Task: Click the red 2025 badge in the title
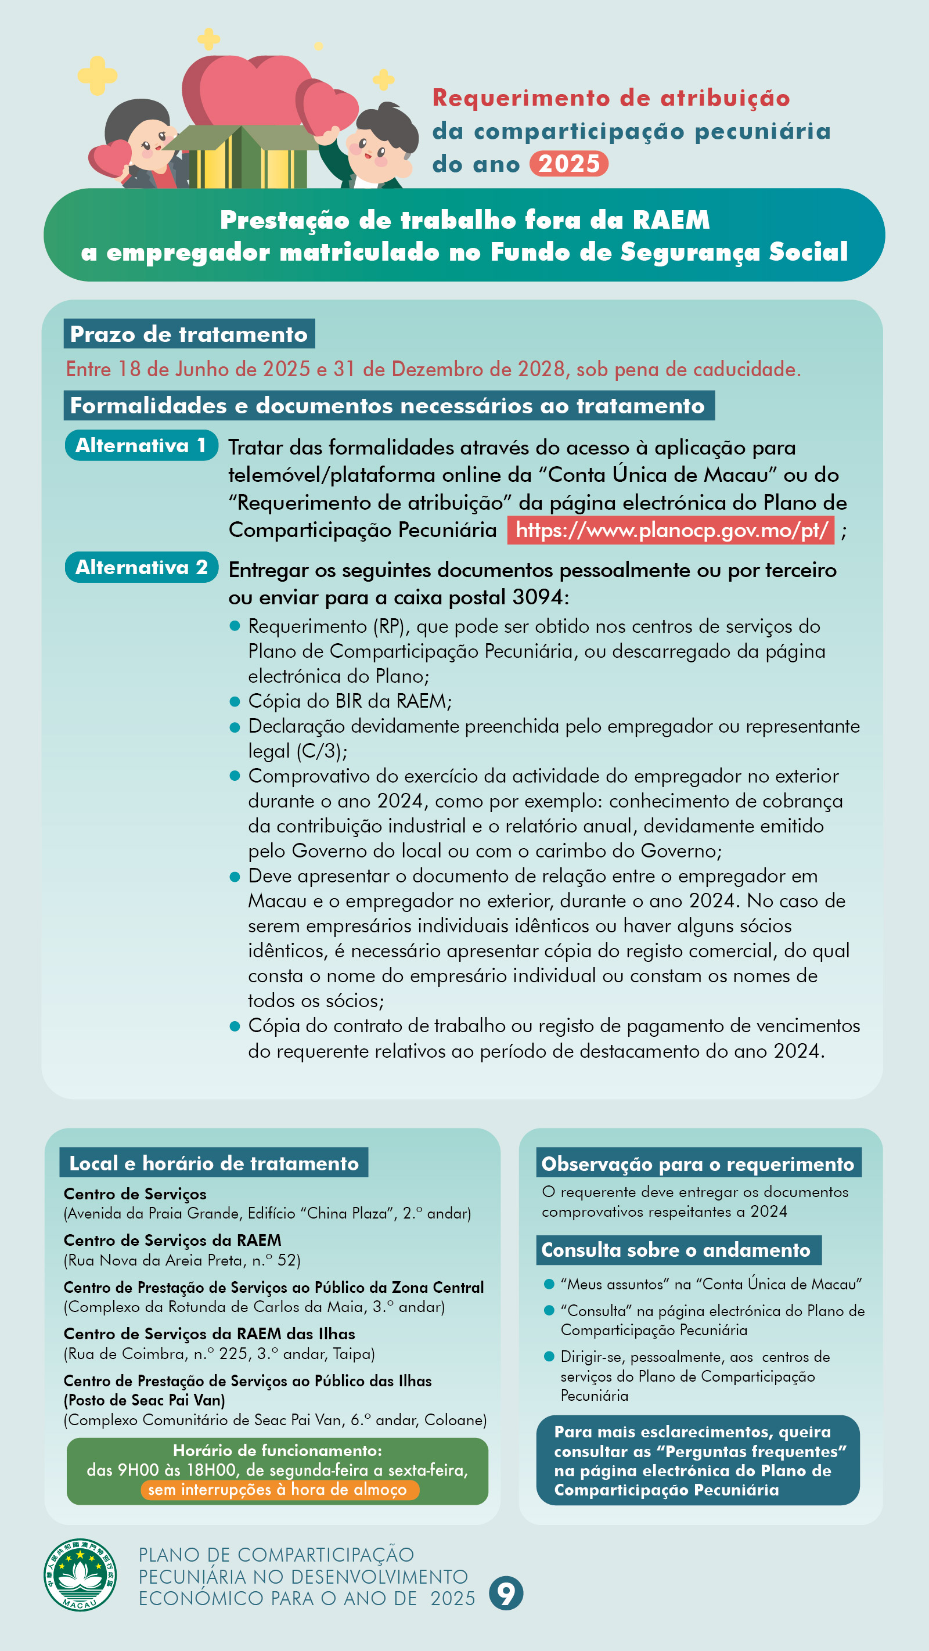[x=568, y=164]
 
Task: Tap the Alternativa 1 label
[x=141, y=445]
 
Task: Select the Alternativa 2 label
[x=141, y=567]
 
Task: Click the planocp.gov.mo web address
[x=671, y=530]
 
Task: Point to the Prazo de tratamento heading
[x=189, y=334]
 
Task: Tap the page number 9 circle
[x=506, y=1593]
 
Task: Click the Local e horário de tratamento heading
[x=214, y=1163]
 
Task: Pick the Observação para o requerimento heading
[x=698, y=1164]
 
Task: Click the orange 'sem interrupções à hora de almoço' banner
[x=279, y=1490]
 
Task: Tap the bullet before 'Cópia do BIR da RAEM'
[x=235, y=702]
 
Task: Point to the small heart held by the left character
[x=110, y=158]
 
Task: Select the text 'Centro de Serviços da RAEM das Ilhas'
[x=209, y=1334]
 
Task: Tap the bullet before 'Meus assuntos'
[x=549, y=1284]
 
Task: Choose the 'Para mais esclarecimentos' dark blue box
[x=697, y=1460]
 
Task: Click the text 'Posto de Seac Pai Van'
[x=144, y=1400]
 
